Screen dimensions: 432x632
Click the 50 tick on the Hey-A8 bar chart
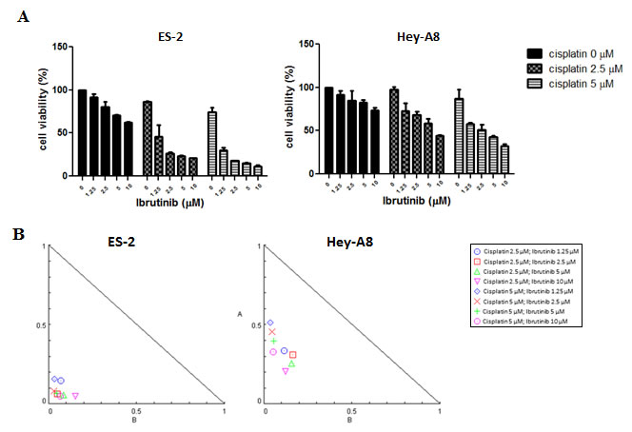coord(306,132)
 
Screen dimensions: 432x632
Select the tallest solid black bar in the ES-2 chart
coord(83,133)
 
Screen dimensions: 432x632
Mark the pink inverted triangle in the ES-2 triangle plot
coord(75,396)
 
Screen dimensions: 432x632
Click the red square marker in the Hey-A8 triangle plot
coord(293,355)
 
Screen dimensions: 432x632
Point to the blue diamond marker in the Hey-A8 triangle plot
coord(270,323)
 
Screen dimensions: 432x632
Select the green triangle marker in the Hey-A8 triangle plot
coord(292,363)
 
